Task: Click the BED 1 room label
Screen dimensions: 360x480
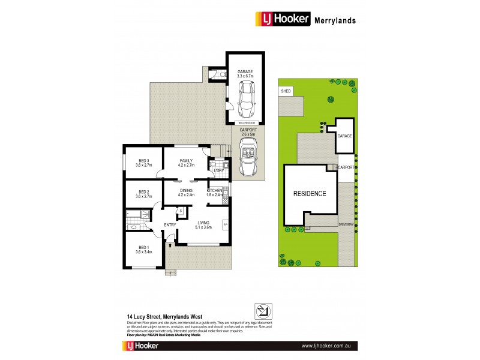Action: [143, 249]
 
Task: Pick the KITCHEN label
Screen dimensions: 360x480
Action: [214, 191]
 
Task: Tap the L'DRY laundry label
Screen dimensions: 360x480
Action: [218, 172]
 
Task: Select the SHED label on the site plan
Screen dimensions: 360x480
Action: [286, 91]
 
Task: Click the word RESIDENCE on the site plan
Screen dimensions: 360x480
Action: [310, 194]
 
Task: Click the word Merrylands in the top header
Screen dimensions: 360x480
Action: [335, 20]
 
